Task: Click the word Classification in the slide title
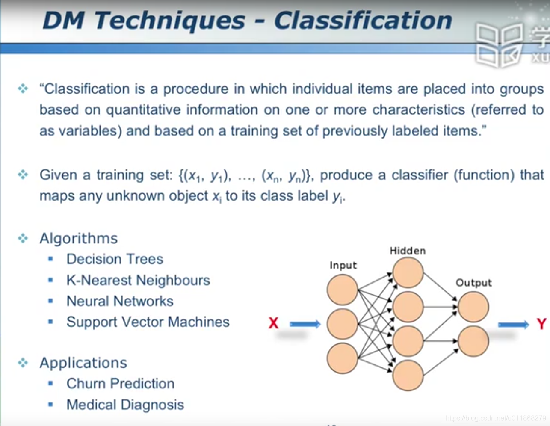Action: pyautogui.click(x=363, y=21)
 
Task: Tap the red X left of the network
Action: pyautogui.click(x=273, y=323)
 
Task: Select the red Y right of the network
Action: pyautogui.click(x=541, y=324)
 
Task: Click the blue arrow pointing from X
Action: pyautogui.click(x=305, y=324)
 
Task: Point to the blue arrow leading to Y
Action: pyautogui.click(x=513, y=325)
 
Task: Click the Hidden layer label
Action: pyautogui.click(x=407, y=251)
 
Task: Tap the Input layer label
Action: pyautogui.click(x=343, y=265)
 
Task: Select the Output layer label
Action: pyautogui.click(x=473, y=283)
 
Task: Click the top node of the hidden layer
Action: pyautogui.click(x=408, y=273)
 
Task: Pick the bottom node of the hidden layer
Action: pyautogui.click(x=408, y=375)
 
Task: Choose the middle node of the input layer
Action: pyautogui.click(x=343, y=324)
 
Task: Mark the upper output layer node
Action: pyautogui.click(x=473, y=307)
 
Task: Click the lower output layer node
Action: pyautogui.click(x=473, y=341)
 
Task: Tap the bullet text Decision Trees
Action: pyautogui.click(x=115, y=259)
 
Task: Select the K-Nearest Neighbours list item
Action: pyautogui.click(x=138, y=280)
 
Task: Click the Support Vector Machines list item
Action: pyautogui.click(x=148, y=322)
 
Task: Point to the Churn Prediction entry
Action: pyautogui.click(x=120, y=384)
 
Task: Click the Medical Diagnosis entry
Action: pyautogui.click(x=125, y=405)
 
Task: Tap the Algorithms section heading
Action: pyautogui.click(x=79, y=238)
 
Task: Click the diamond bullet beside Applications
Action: pyautogui.click(x=23, y=363)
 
